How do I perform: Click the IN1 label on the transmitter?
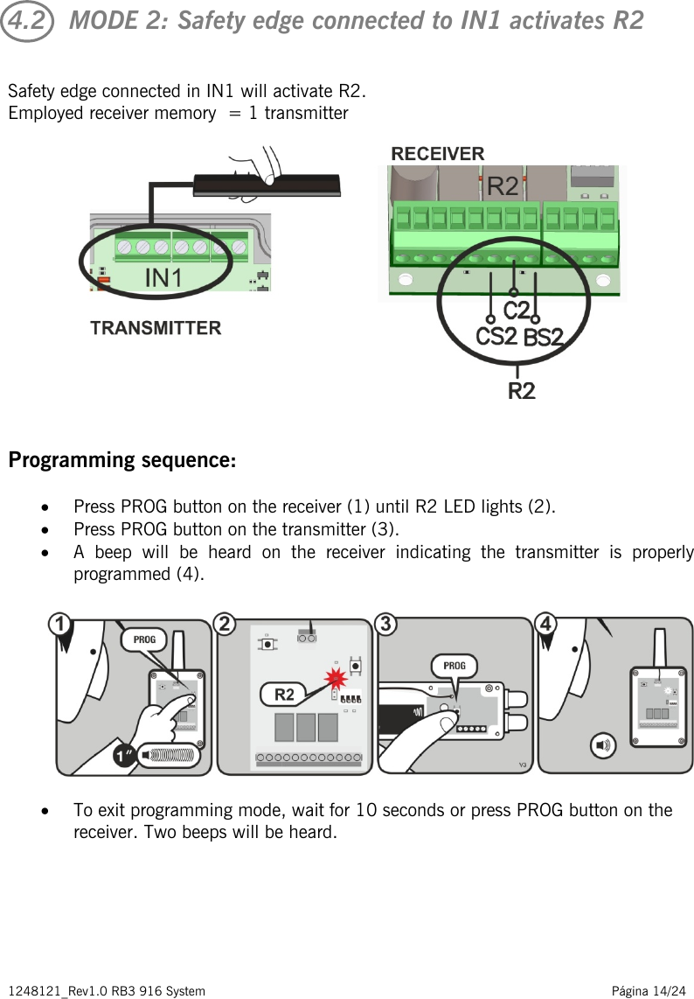click(x=163, y=278)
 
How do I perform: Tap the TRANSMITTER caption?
click(x=156, y=328)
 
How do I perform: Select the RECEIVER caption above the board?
click(x=437, y=154)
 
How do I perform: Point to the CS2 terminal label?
click(x=496, y=337)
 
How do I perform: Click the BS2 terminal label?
click(x=543, y=339)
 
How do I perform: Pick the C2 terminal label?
click(x=517, y=311)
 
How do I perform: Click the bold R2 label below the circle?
click(x=522, y=391)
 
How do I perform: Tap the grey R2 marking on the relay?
click(x=502, y=186)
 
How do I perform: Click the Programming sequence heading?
click(x=121, y=460)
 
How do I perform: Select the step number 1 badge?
click(x=59, y=625)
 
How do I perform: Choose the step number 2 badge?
click(x=226, y=625)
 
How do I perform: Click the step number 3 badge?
click(x=385, y=625)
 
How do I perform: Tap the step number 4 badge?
click(x=545, y=625)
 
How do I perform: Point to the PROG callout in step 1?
click(x=144, y=639)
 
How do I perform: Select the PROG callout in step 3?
click(x=455, y=666)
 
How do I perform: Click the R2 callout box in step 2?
click(x=285, y=695)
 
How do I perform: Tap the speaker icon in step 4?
click(x=603, y=745)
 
